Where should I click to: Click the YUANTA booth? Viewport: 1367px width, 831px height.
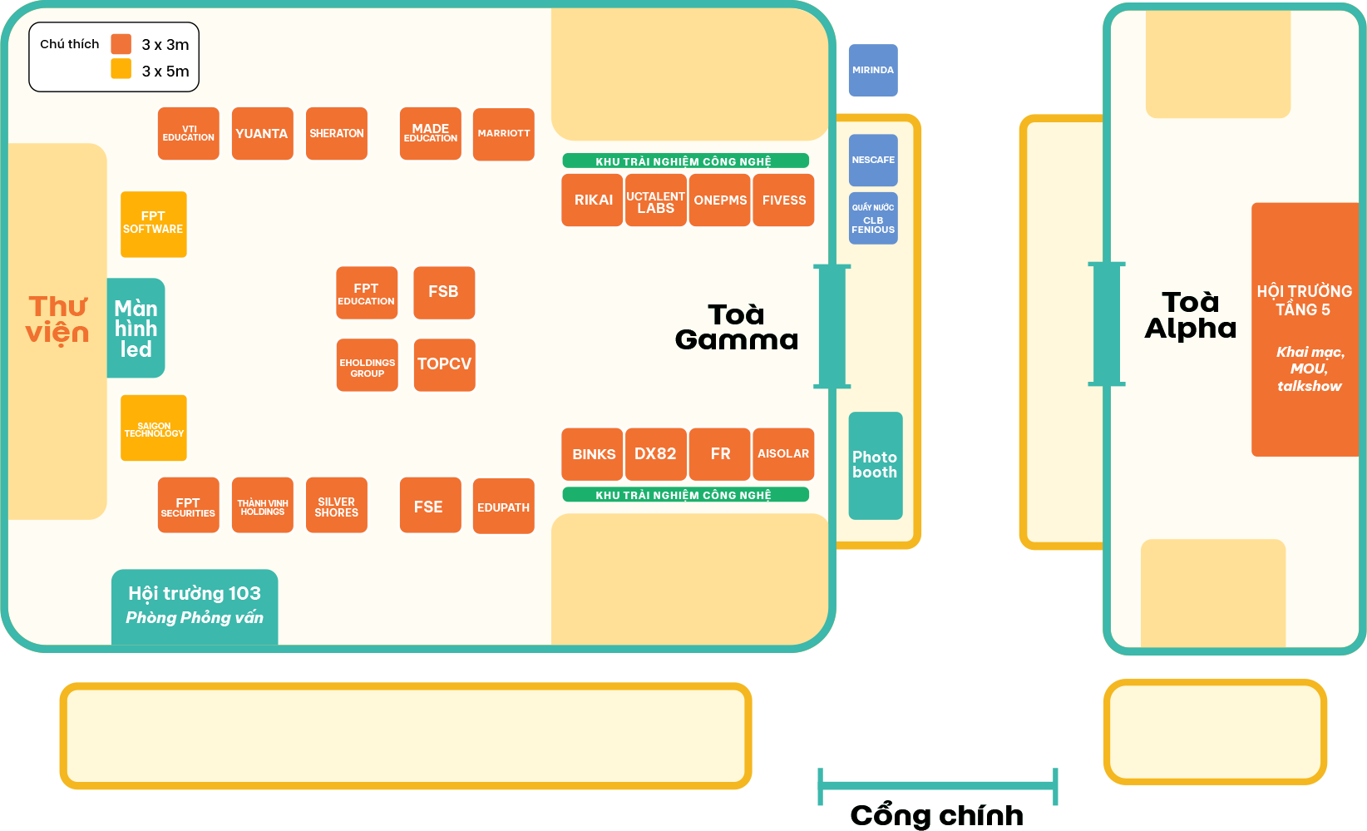[x=263, y=134]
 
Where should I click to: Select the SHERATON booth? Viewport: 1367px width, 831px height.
[x=336, y=134]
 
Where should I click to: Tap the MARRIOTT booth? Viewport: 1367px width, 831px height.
[x=503, y=134]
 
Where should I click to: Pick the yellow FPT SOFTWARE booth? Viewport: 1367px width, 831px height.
[x=154, y=224]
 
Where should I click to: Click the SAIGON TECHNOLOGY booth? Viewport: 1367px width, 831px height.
[x=154, y=428]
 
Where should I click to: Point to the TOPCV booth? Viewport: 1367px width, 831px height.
[x=444, y=364]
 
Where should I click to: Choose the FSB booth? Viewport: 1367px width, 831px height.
[x=444, y=293]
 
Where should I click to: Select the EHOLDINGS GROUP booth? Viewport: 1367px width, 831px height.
[x=368, y=364]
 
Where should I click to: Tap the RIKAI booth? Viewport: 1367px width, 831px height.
[x=592, y=200]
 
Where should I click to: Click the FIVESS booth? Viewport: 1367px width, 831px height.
[x=783, y=200]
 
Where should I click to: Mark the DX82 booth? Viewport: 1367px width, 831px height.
[x=656, y=453]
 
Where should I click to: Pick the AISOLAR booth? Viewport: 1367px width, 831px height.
[x=783, y=453]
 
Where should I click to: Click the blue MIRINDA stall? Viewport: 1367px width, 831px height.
[x=873, y=70]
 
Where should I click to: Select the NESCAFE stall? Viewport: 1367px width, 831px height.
[x=873, y=160]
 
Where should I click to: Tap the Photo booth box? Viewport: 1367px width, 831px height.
[x=876, y=465]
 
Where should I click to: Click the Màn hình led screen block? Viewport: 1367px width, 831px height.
[x=136, y=328]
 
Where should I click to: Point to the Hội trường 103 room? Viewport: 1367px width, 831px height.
[x=195, y=607]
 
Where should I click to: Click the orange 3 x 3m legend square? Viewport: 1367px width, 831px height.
[x=121, y=44]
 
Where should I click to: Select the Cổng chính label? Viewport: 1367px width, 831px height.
[x=937, y=815]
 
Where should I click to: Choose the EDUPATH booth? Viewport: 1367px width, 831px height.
[x=503, y=506]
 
